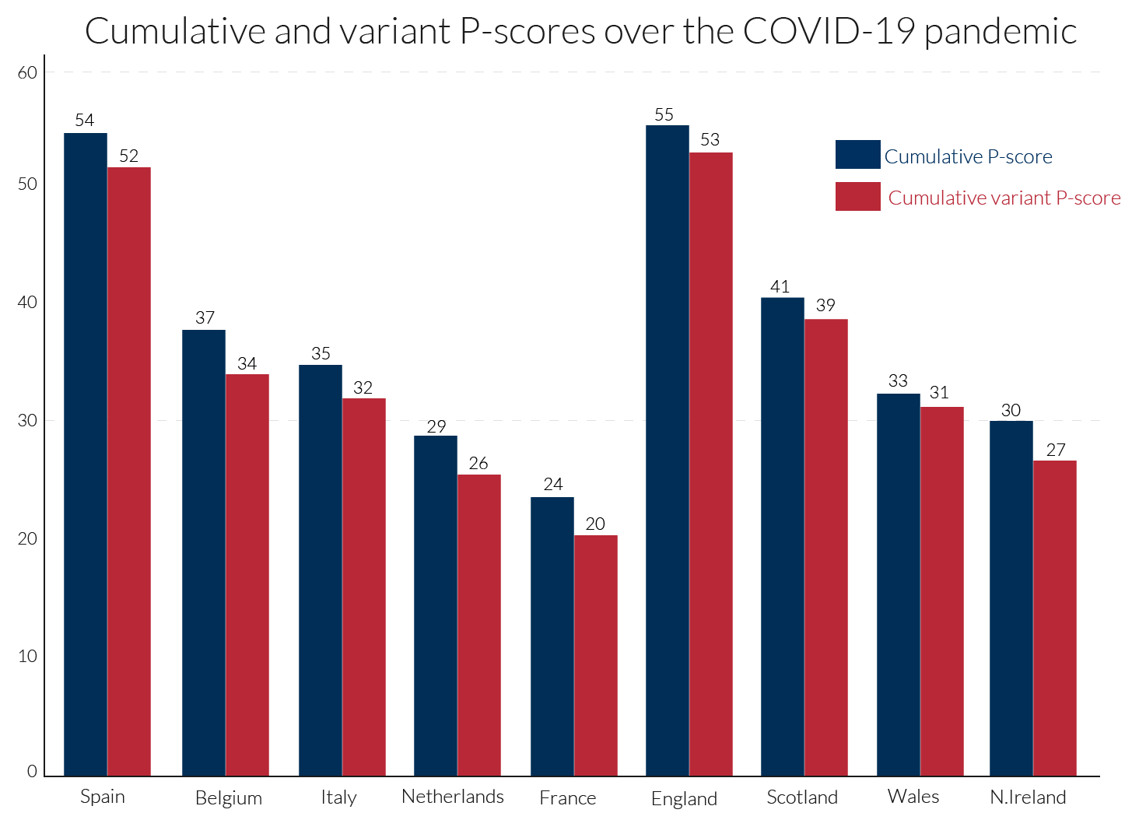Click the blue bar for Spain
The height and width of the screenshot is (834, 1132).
pos(86,454)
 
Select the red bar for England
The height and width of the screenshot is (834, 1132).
pos(710,464)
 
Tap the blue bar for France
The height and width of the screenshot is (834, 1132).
pos(552,636)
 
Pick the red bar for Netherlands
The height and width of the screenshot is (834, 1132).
pos(479,625)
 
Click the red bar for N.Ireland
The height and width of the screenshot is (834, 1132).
pos(1055,618)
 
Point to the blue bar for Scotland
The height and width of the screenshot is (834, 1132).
pos(783,537)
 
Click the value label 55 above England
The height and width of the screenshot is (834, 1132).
pos(664,115)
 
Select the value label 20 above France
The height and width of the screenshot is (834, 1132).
pos(595,524)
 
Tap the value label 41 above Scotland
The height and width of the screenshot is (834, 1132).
pos(780,287)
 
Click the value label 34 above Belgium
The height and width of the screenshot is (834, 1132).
pos(247,364)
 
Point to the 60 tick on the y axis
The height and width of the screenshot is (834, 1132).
pos(27,73)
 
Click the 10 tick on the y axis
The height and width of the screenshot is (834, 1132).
pos(27,657)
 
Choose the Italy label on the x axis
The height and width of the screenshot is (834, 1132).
pos(338,797)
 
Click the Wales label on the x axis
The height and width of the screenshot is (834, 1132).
pos(913,797)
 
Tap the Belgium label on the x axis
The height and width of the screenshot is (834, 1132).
pos(228,798)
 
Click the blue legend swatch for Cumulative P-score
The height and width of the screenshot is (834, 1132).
pos(857,155)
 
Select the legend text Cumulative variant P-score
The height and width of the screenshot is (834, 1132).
pos(1004,198)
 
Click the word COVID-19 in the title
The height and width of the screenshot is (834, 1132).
pos(829,32)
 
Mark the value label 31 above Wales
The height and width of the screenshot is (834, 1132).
pos(939,393)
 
